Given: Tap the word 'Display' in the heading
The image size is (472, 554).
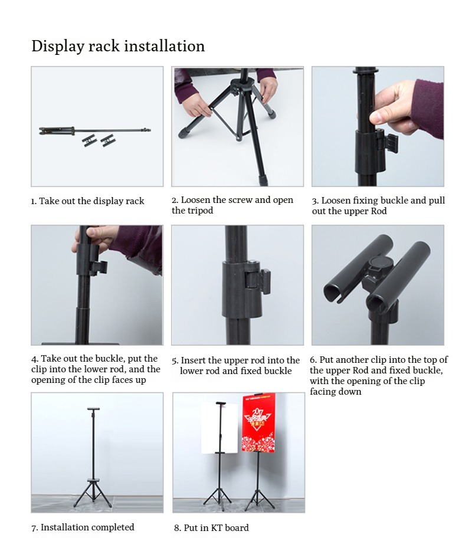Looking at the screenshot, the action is pyautogui.click(x=58, y=47).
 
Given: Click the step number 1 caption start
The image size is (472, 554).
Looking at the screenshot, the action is pyautogui.click(x=34, y=201).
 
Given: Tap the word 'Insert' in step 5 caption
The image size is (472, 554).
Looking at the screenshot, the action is pyautogui.click(x=194, y=360).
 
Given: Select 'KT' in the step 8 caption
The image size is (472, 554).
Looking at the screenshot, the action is pyautogui.click(x=217, y=528).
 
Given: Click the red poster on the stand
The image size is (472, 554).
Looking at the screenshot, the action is pyautogui.click(x=258, y=423).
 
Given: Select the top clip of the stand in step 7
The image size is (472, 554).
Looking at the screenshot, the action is pyautogui.click(x=93, y=409).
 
